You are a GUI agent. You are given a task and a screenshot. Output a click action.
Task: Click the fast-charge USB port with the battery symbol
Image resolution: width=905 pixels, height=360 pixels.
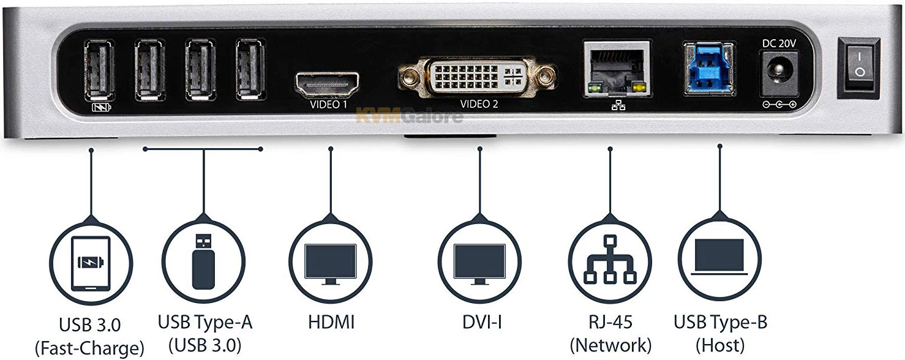tap(99, 69)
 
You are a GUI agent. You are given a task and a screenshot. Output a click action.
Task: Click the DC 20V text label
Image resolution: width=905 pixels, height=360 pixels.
tap(778, 43)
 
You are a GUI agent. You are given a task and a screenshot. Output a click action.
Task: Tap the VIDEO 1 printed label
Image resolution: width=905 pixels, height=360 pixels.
tap(329, 105)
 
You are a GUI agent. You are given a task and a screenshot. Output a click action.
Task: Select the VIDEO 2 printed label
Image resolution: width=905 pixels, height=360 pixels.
tap(479, 104)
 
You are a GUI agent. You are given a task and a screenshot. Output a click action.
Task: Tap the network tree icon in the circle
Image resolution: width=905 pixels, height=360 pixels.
tap(609, 260)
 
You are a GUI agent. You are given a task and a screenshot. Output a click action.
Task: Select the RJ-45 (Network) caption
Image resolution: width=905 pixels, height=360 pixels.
tap(610, 332)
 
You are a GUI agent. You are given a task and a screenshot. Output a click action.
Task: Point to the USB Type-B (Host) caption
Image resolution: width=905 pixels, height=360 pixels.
tap(720, 332)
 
